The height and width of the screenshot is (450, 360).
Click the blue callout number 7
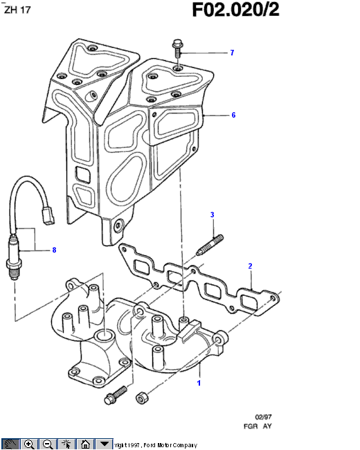click(232, 53)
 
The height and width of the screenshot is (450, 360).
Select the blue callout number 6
click(233, 115)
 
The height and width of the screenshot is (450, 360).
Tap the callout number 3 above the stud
click(212, 215)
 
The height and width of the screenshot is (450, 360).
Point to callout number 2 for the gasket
click(250, 266)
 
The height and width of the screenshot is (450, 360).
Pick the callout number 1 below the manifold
click(199, 383)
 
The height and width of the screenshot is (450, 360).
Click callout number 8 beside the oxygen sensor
click(54, 250)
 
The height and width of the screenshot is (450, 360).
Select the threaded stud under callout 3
click(210, 245)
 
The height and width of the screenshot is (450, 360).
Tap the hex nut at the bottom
click(141, 398)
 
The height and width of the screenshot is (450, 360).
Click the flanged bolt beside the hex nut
click(116, 395)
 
